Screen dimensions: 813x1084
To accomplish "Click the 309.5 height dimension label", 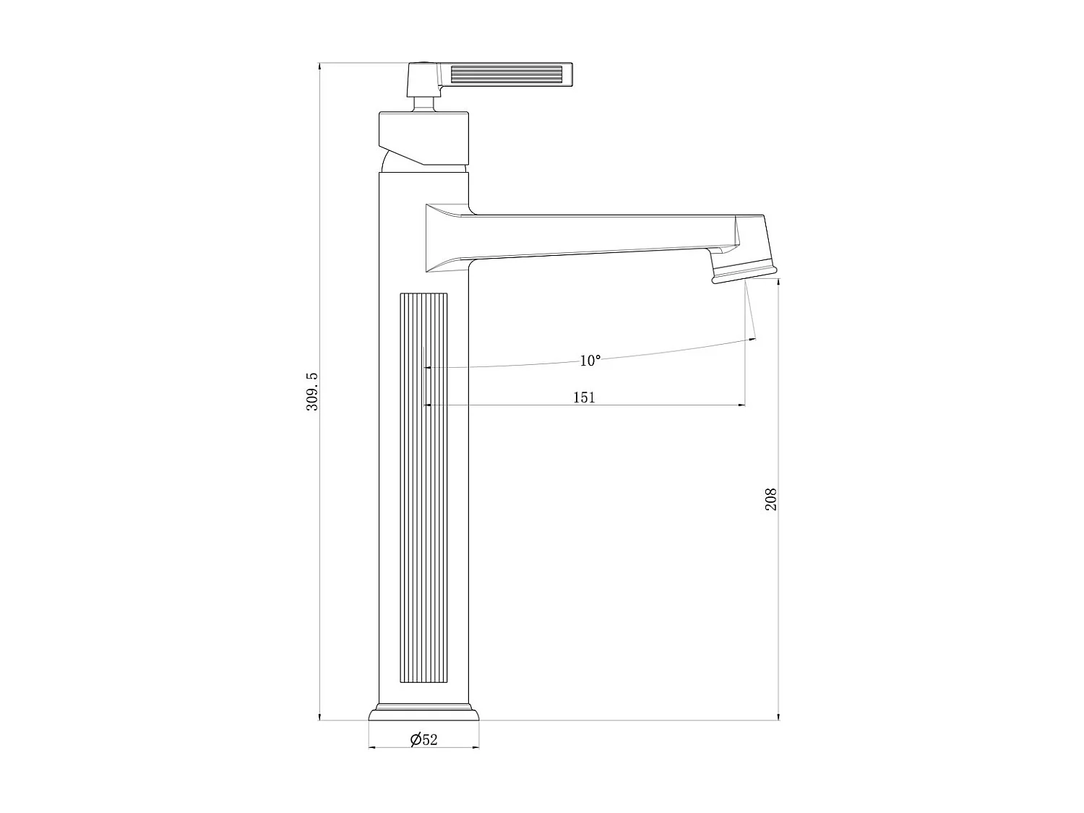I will pos(312,392).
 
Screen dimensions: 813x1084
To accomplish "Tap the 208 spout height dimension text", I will pos(771,499).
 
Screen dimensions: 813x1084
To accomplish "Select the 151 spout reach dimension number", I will pos(584,397).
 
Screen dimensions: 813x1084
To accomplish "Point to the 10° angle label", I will pos(590,361).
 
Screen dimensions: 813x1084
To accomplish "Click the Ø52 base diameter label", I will pos(424,739).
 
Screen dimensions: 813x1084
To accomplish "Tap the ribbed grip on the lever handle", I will pos(507,76).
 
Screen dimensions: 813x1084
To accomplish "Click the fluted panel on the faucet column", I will pos(423,488).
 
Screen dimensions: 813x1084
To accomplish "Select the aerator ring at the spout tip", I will pos(744,272).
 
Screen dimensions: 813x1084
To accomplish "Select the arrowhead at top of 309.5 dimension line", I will pos(319,67).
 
